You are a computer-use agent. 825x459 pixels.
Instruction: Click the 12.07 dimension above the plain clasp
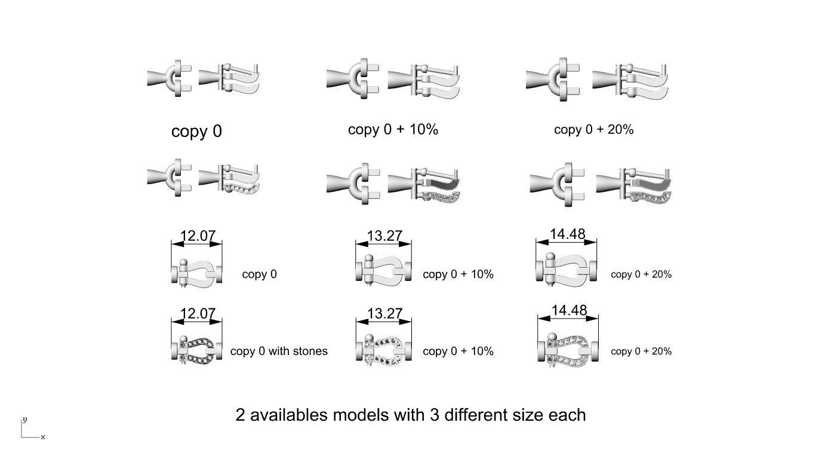click(197, 236)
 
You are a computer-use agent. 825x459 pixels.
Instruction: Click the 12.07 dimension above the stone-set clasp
click(197, 314)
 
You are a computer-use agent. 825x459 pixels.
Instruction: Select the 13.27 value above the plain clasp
click(384, 236)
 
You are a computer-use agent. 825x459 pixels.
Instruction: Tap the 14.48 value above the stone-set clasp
click(569, 311)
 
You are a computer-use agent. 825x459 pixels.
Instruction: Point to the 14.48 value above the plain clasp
click(567, 234)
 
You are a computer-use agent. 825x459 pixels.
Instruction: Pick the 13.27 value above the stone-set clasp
click(384, 314)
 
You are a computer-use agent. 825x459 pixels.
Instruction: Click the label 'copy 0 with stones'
click(279, 351)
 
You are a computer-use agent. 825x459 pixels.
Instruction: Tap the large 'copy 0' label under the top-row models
click(196, 131)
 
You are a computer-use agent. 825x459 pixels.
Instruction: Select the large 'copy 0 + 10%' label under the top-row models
click(393, 130)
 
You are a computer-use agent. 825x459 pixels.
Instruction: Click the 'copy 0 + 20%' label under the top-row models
click(593, 130)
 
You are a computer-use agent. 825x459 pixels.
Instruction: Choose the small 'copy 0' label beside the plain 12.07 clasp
click(259, 274)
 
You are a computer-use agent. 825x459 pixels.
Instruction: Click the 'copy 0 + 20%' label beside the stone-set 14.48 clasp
click(641, 351)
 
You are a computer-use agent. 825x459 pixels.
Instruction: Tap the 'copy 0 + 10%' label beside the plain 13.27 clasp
click(458, 274)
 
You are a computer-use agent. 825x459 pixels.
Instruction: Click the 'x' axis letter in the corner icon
click(43, 437)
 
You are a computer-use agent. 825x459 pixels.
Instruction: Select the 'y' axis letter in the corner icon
click(24, 420)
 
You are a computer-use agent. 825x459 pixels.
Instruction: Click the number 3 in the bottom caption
click(433, 415)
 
